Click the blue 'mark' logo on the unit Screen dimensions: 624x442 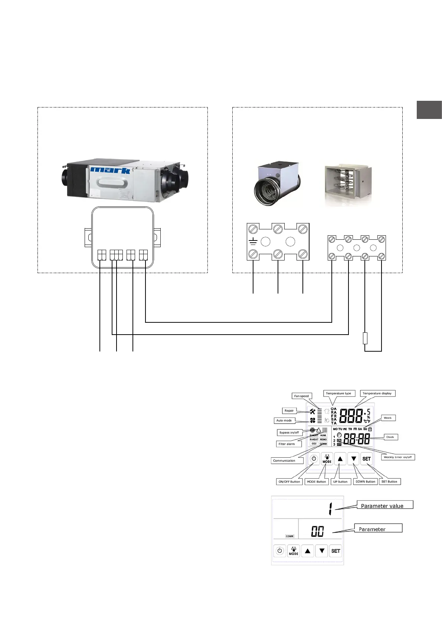point(110,170)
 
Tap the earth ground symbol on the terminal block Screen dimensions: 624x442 point(253,242)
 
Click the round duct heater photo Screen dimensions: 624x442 point(277,183)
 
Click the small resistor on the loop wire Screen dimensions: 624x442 point(365,338)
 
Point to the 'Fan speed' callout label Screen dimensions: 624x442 point(301,396)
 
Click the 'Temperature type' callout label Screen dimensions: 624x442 point(338,393)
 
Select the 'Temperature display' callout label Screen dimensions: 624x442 point(377,393)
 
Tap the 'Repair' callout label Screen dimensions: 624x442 point(289,411)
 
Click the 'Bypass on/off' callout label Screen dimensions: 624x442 point(289,432)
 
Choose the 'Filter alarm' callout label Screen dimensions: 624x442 point(287,444)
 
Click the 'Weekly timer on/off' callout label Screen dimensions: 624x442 point(397,457)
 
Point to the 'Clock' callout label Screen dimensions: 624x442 point(390,437)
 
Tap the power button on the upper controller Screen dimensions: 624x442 point(314,459)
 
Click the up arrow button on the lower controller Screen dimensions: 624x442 point(308,551)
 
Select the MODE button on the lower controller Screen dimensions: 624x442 point(294,551)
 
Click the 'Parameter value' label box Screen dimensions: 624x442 point(384,505)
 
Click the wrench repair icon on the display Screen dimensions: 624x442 point(312,411)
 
